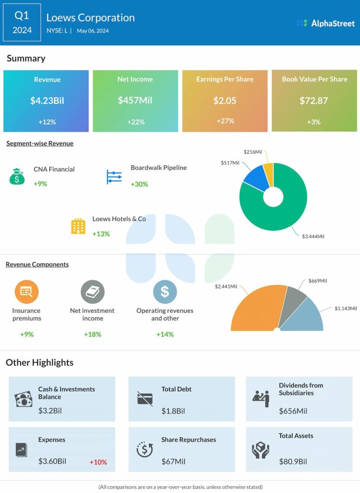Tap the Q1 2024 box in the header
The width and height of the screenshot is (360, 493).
pos(22,23)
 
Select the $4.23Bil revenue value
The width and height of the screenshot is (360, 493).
pos(47,101)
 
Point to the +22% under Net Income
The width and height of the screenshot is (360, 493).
pos(136,122)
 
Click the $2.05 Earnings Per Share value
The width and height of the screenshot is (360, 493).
pos(225,101)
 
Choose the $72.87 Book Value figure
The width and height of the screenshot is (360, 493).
pos(314,101)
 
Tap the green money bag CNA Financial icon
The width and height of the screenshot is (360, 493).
pos(17,176)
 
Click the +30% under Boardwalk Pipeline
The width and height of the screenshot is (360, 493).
pos(139,184)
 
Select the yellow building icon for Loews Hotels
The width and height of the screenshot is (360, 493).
pos(78,226)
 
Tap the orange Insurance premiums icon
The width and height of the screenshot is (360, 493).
pos(26,291)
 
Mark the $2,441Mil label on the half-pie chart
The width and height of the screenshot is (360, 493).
pos(226,286)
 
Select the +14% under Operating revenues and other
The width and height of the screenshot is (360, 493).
pos(165,334)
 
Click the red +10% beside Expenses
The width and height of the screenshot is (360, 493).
pos(98,462)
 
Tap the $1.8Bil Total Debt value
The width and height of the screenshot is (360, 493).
pos(173,411)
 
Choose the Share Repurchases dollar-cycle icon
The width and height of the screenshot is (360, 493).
pos(144,449)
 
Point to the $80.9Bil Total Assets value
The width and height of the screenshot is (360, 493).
pos(293,461)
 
